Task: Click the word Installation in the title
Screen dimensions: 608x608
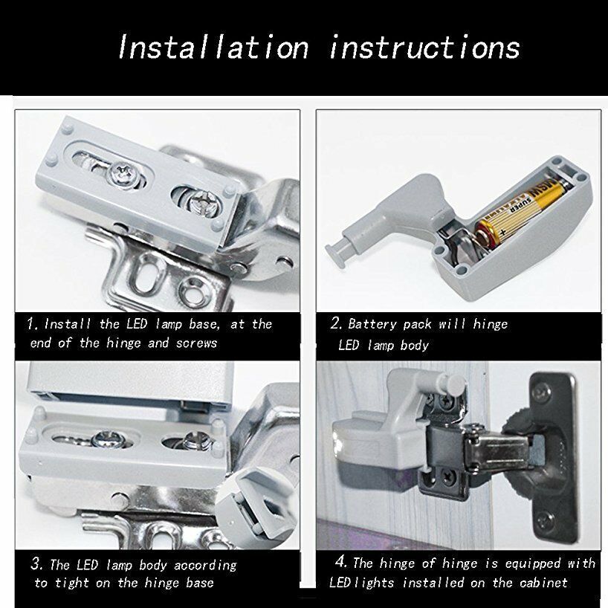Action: tap(213, 48)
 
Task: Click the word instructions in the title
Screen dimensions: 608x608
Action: tap(424, 48)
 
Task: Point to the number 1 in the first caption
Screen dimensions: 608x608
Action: tap(32, 323)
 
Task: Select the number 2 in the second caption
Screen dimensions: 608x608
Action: tap(335, 323)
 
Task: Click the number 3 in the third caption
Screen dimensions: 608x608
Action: tap(36, 564)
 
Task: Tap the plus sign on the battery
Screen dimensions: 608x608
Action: tap(502, 233)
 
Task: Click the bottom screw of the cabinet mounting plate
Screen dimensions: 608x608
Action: tap(546, 517)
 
